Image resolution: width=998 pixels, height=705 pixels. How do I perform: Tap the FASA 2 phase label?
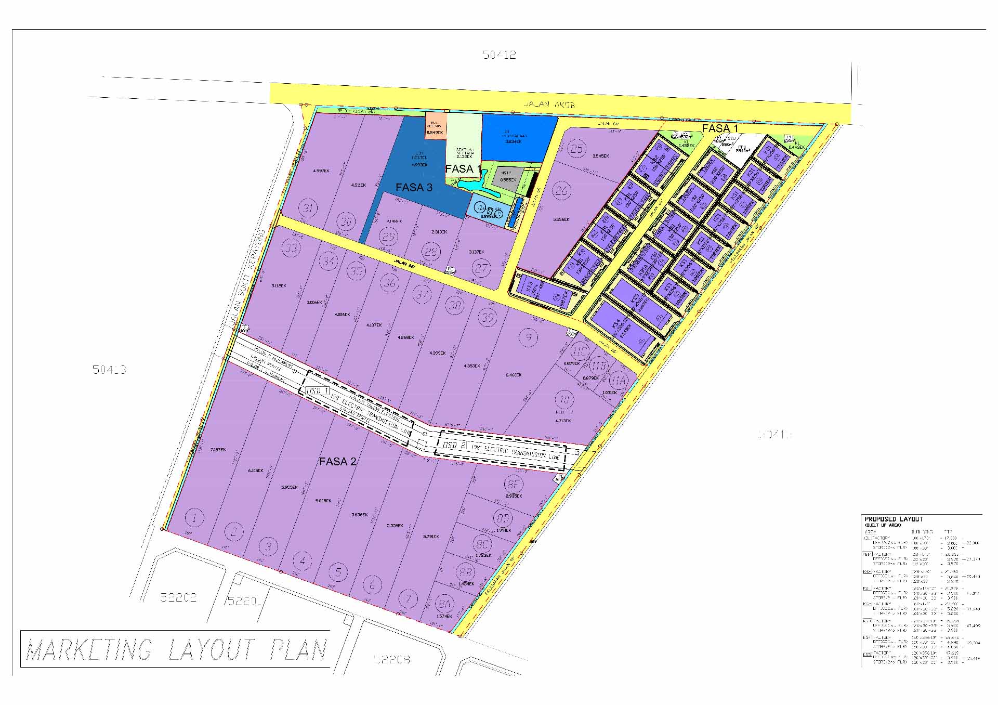[x=338, y=462]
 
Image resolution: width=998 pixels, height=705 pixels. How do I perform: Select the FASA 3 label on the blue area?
[x=414, y=188]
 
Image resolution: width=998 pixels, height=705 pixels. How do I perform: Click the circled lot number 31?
[x=308, y=208]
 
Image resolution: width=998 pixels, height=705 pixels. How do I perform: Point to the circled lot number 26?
[x=561, y=191]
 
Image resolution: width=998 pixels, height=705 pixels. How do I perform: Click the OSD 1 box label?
[x=318, y=391]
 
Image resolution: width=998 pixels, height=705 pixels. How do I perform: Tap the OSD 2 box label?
[x=454, y=446]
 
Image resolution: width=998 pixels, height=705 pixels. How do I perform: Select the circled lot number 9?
[x=529, y=338]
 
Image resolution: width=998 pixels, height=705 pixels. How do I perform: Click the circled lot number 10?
[x=564, y=400]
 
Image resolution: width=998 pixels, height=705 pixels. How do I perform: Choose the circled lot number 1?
[x=194, y=518]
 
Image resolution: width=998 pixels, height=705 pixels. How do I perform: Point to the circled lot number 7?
[x=409, y=599]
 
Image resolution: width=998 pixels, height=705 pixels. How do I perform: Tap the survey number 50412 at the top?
[x=499, y=55]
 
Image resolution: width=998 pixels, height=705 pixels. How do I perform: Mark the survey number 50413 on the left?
[x=109, y=370]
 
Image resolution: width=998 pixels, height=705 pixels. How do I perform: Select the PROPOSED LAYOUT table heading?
[x=894, y=519]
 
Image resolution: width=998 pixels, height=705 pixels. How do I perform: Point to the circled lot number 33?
[x=291, y=248]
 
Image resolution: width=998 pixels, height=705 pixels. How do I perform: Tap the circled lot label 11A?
[x=619, y=381]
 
